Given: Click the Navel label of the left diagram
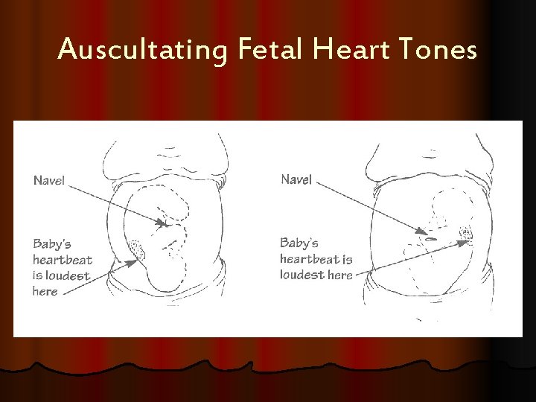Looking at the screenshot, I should [49, 179].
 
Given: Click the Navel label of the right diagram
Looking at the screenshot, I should [296, 179].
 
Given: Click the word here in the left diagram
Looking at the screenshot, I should [45, 291].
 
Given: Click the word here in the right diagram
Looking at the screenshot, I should [340, 275].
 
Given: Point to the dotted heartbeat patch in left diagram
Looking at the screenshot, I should [137, 249].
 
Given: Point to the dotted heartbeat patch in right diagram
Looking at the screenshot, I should [467, 236].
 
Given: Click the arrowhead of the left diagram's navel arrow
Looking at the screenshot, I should [165, 222].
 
